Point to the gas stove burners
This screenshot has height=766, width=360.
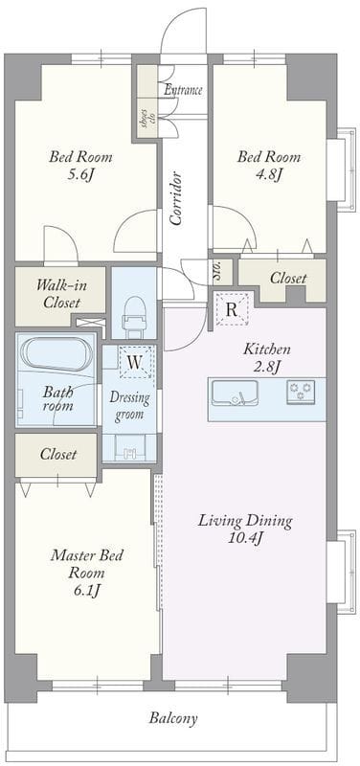pos(301,392)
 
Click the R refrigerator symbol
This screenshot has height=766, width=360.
pos(232,309)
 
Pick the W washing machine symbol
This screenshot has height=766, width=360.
pos(135,362)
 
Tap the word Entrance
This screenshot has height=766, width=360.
pos(183,90)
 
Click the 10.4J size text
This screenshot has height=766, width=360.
pos(245,538)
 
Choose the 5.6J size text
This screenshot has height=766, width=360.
pos(80,174)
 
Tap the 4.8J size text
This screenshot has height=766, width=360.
pos(269,174)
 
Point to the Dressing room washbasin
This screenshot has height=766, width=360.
pos(129,448)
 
